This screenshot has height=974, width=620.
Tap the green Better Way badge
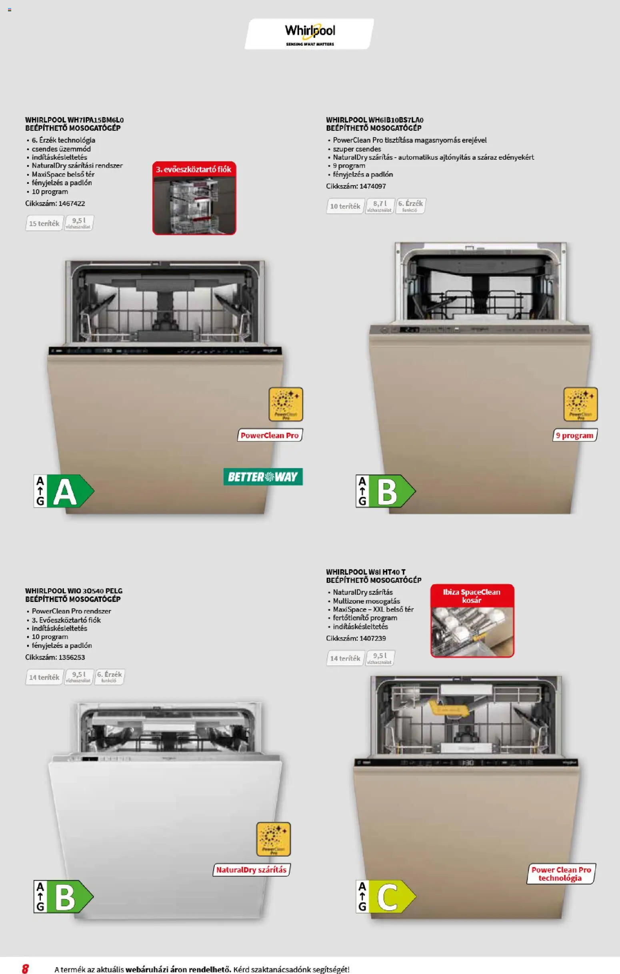[x=263, y=477]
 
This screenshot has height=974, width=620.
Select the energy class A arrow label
[x=64, y=491]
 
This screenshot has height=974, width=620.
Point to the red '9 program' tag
[x=574, y=435]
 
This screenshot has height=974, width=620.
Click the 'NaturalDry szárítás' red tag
[x=251, y=870]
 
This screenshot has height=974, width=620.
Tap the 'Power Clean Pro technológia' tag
[x=561, y=874]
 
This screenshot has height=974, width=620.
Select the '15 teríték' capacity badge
[x=44, y=223]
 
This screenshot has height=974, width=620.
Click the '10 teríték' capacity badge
[x=345, y=206]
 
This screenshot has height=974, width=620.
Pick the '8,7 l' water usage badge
[x=379, y=206]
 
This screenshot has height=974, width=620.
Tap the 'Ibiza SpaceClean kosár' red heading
[x=472, y=596]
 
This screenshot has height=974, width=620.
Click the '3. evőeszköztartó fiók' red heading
[x=194, y=170]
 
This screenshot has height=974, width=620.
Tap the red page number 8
[x=25, y=968]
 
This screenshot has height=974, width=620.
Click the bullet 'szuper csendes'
[x=357, y=149]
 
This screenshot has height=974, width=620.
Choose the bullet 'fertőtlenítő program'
[x=365, y=617]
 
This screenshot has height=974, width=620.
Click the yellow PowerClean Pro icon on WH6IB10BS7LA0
[x=580, y=404]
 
